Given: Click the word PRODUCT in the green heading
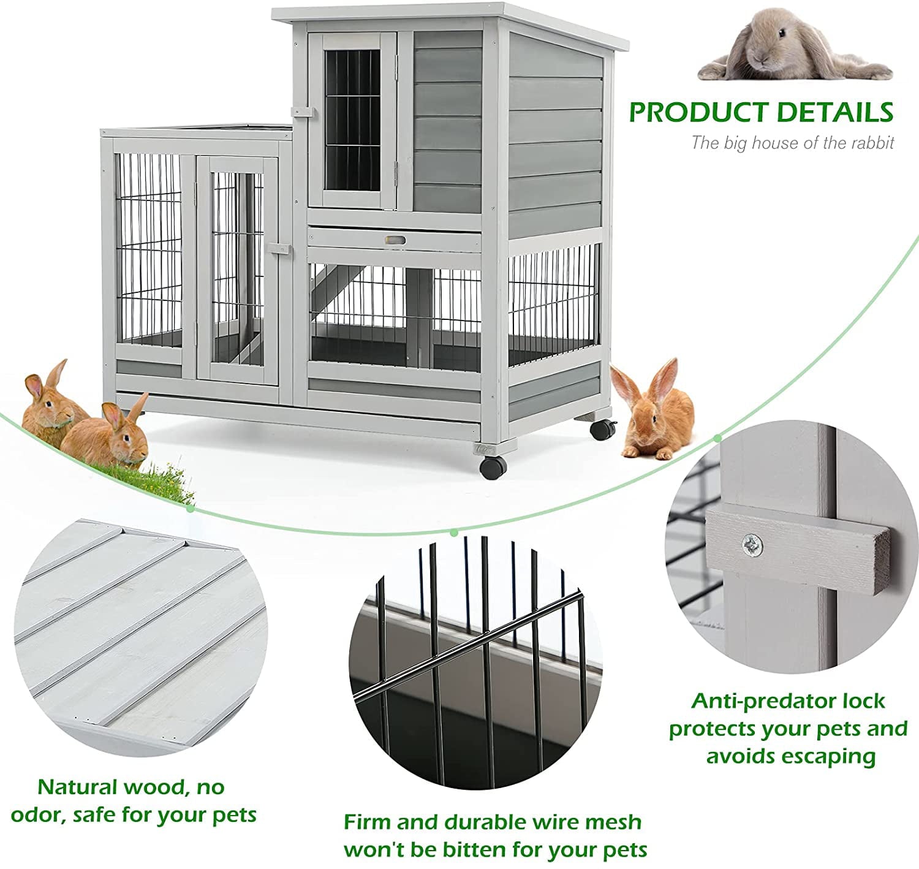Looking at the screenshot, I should (698, 112).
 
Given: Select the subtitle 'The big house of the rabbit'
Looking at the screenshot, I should (792, 143).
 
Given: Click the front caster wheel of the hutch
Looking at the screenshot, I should (493, 466).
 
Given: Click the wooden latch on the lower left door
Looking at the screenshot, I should (279, 248).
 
